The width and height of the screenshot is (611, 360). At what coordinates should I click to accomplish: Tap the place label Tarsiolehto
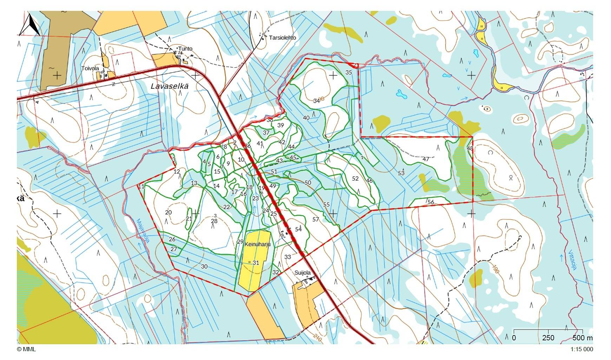[x=282, y=38]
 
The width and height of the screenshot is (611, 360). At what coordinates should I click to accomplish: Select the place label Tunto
[x=185, y=48]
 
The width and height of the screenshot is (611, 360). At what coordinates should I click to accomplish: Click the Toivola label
[x=90, y=68]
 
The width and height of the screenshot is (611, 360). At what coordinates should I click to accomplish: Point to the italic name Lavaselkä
[x=170, y=86]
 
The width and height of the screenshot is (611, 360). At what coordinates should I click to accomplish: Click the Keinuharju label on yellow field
[x=257, y=244]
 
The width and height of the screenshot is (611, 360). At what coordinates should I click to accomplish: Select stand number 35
[x=348, y=73]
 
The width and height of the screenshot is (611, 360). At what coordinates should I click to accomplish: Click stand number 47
[x=426, y=159]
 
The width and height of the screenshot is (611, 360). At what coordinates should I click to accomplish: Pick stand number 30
[x=204, y=267]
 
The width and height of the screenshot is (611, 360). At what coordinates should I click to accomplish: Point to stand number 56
[x=431, y=202]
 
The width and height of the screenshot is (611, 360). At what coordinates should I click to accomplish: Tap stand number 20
[x=168, y=212]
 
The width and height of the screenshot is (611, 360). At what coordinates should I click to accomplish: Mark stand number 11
[x=141, y=186]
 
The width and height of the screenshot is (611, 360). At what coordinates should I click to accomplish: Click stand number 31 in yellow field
[x=256, y=263]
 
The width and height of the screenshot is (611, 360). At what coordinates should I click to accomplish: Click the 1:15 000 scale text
[x=582, y=349]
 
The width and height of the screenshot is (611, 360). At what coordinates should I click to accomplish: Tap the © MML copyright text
[x=26, y=349]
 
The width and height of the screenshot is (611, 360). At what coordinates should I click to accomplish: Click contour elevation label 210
[x=317, y=338]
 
